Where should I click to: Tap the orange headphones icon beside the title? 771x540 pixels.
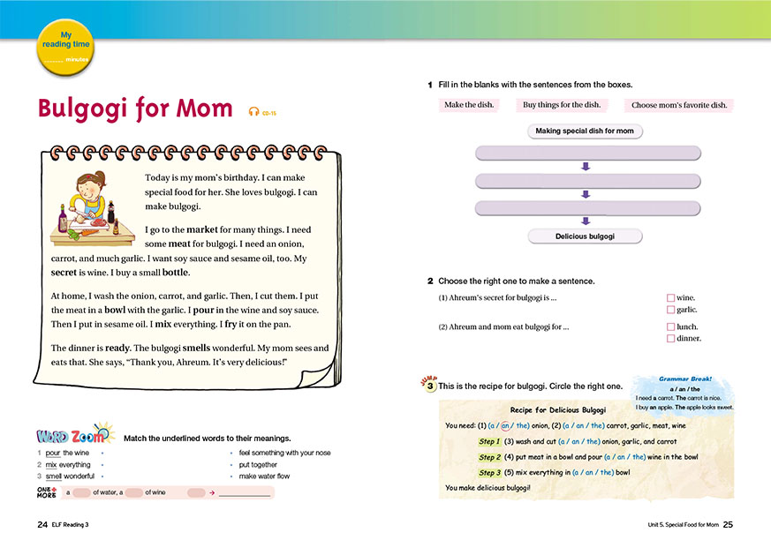[253, 111]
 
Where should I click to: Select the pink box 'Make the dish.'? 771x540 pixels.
[469, 105]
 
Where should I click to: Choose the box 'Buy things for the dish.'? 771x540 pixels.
[561, 105]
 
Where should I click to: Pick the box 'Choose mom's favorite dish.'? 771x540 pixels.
[679, 105]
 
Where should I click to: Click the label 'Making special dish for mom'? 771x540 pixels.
[585, 131]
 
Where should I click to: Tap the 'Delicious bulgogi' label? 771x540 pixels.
[585, 236]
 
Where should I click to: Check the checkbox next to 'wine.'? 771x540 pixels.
[670, 298]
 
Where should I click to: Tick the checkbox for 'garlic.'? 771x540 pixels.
[670, 310]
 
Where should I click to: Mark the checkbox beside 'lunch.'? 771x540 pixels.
[670, 326]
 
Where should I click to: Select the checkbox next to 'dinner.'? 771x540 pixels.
[670, 338]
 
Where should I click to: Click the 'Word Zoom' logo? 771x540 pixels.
[74, 435]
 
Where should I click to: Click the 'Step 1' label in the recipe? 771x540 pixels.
[489, 441]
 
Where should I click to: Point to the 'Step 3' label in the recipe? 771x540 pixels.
[489, 473]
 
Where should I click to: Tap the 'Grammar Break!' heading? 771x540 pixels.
[684, 379]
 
